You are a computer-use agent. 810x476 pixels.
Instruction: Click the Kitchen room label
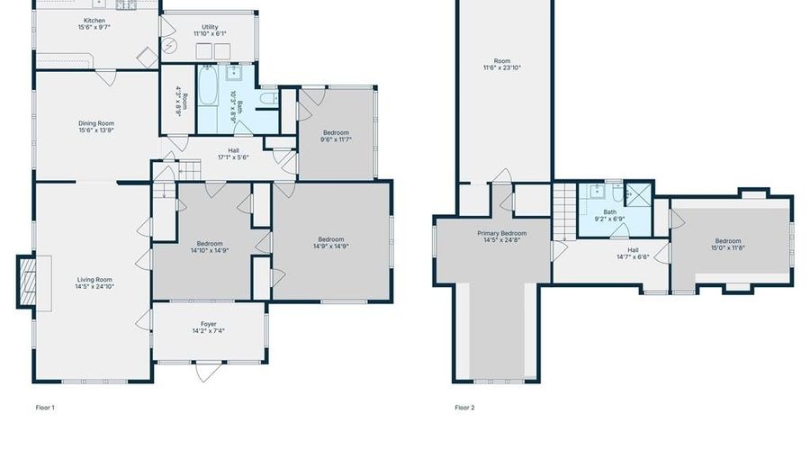(x=94, y=21)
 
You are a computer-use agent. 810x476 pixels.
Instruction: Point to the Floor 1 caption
(x=45, y=408)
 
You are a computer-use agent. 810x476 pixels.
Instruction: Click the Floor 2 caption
(x=464, y=408)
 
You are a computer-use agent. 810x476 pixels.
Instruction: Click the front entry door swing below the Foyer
(x=208, y=371)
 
